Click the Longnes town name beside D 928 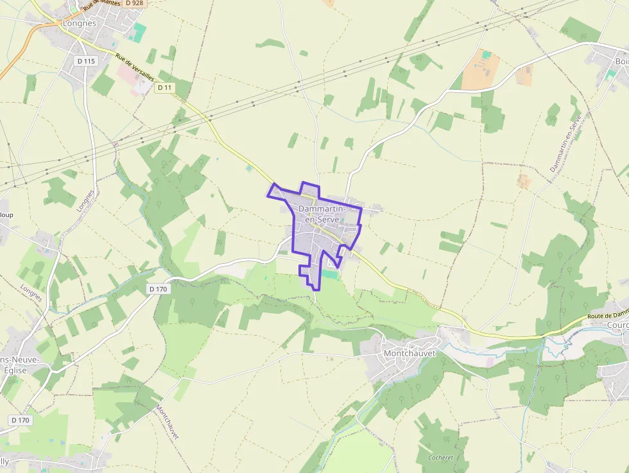(x=80, y=23)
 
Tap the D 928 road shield (x=134, y=3)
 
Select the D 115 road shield (x=85, y=61)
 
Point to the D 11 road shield (x=164, y=87)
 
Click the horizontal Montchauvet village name (x=409, y=353)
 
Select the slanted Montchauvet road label (x=167, y=422)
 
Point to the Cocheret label (x=440, y=458)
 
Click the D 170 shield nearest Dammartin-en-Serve (x=158, y=289)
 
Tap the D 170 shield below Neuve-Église (x=21, y=420)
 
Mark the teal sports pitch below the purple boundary (x=330, y=274)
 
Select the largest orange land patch (x=481, y=68)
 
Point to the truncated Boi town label (x=621, y=61)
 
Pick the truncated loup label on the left (x=6, y=215)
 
